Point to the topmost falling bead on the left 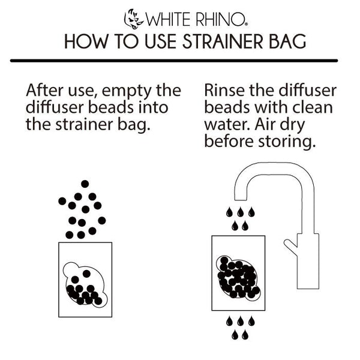[x=85, y=184]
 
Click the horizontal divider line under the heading [x=179, y=61]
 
